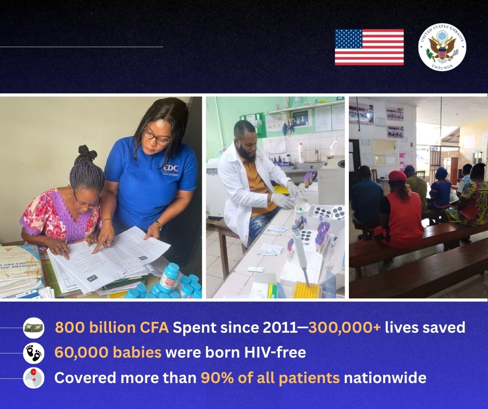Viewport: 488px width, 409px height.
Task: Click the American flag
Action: point(369,47)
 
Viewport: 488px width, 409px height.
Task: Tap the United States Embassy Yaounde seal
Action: point(442,47)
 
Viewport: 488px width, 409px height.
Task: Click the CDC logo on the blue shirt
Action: point(171,168)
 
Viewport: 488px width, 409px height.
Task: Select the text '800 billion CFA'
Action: point(112,328)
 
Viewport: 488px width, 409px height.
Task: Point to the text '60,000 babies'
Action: point(107,353)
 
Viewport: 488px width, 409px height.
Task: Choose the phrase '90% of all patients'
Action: point(270,378)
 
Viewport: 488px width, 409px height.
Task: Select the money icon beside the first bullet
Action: point(34,328)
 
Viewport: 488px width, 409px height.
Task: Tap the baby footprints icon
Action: point(34,353)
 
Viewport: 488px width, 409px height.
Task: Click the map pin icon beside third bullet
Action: point(34,378)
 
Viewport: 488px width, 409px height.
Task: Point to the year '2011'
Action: point(288,328)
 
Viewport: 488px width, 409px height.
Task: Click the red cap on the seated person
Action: point(397,176)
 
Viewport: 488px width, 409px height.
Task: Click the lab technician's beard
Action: point(248,153)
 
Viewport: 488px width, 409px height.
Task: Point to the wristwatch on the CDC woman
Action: point(158,225)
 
